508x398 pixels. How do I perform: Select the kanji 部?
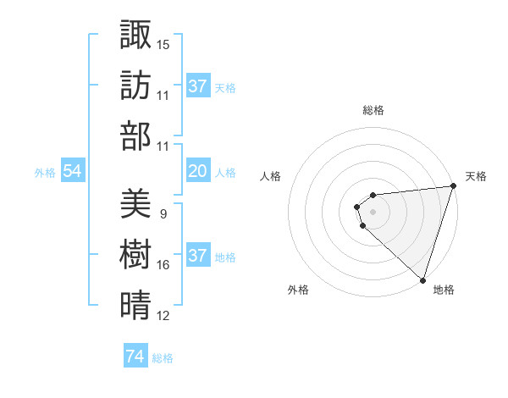click(x=135, y=135)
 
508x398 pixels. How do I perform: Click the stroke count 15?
click(x=163, y=44)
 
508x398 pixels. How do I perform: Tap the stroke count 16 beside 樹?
click(x=163, y=265)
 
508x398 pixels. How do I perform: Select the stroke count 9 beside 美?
click(x=163, y=213)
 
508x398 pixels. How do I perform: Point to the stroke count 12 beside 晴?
click(x=163, y=317)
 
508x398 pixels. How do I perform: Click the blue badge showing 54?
click(x=73, y=172)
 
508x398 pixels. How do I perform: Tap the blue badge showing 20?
click(x=198, y=172)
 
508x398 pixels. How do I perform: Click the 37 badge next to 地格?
click(x=198, y=257)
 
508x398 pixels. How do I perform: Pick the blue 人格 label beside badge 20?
click(x=225, y=173)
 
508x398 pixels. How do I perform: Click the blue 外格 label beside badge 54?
click(x=45, y=173)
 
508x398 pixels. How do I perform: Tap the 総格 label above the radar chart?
click(x=373, y=110)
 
